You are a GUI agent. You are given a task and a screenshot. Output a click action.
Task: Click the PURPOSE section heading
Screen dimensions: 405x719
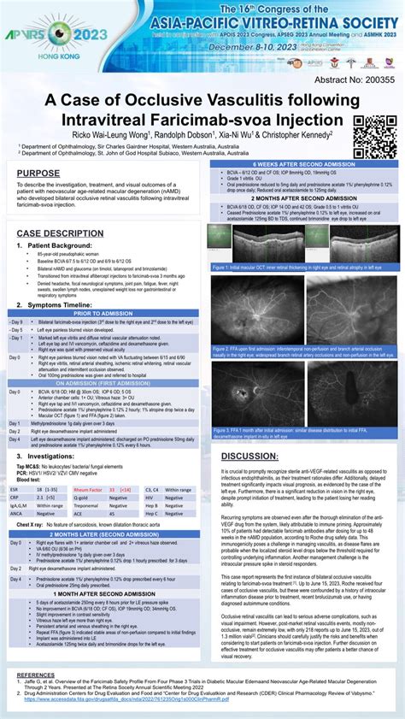38,174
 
